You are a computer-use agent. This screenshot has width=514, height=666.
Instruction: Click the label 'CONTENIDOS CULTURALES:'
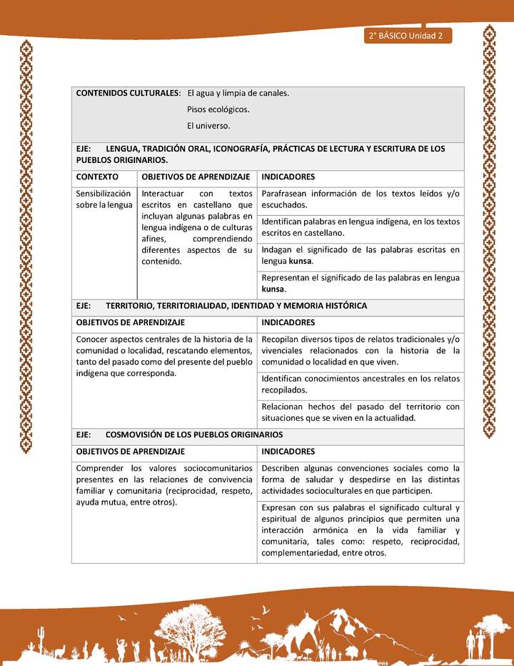pyautogui.click(x=128, y=94)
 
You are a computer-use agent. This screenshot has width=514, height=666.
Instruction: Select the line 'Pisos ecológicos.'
pyautogui.click(x=218, y=109)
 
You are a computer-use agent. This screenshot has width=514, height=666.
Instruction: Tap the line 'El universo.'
pyautogui.click(x=208, y=126)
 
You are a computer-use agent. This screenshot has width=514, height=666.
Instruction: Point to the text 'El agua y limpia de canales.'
pyautogui.click(x=238, y=94)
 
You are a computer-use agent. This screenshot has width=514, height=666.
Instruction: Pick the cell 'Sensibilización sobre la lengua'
pyautogui.click(x=104, y=199)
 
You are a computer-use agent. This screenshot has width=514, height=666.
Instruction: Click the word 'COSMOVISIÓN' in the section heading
pyautogui.click(x=136, y=434)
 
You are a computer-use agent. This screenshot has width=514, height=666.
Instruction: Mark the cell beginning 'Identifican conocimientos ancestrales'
pyautogui.click(x=361, y=384)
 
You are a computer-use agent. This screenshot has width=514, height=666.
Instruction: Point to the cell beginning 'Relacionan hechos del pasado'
pyautogui.click(x=361, y=412)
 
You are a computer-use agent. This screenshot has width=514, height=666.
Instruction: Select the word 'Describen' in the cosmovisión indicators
pyautogui.click(x=283, y=468)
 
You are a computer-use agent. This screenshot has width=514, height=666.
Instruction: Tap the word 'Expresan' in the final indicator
pyautogui.click(x=281, y=507)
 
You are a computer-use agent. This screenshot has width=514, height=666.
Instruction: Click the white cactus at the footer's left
pyautogui.click(x=41, y=636)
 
